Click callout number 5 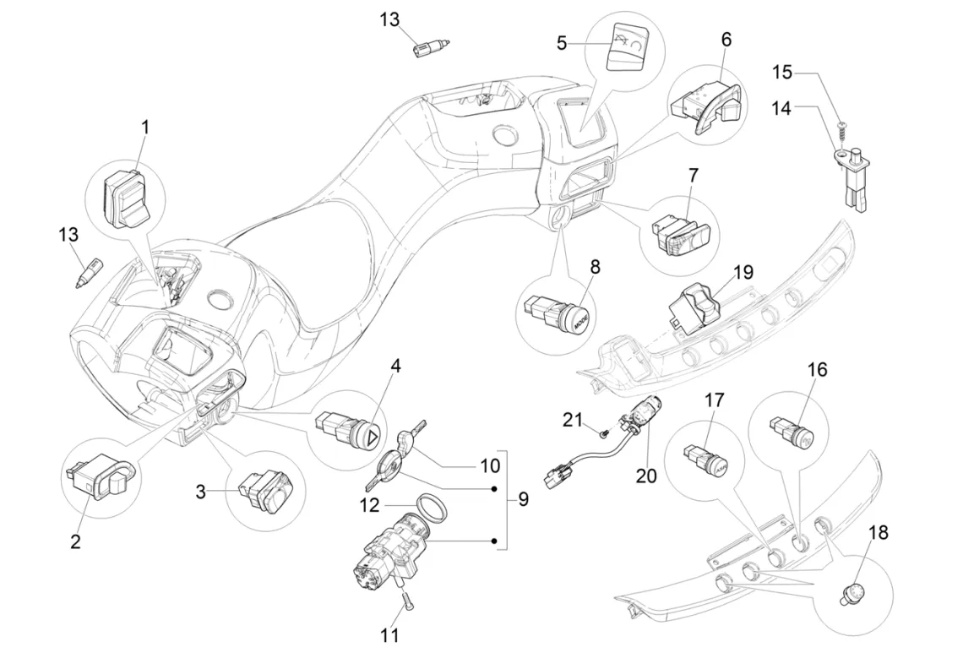[562, 41]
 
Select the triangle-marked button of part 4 [369, 437]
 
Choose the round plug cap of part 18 [857, 593]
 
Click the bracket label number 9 [523, 499]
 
